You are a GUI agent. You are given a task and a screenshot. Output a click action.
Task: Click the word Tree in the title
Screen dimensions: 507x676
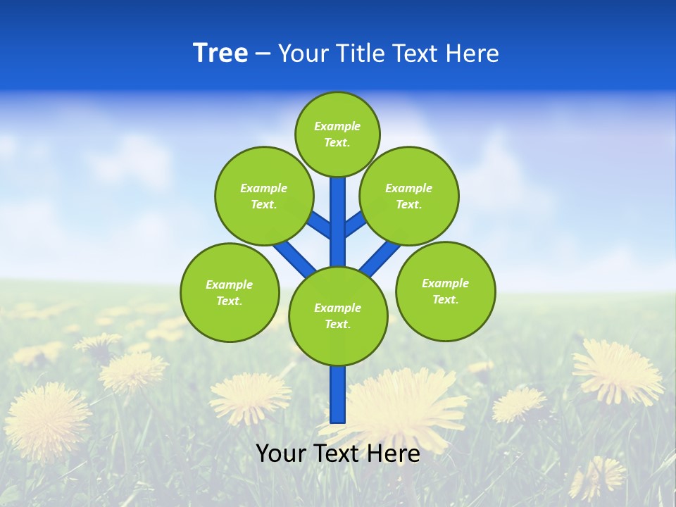tap(220, 54)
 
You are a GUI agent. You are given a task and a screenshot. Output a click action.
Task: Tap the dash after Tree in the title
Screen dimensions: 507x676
tap(263, 54)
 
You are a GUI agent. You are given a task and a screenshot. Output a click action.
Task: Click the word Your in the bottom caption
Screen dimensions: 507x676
tap(281, 453)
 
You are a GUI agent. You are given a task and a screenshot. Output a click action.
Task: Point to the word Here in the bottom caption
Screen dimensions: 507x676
tap(394, 453)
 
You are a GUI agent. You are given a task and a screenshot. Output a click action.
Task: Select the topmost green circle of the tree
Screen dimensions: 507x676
tap(337, 134)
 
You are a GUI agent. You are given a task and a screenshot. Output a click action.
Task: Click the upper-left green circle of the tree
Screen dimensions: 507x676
tap(263, 196)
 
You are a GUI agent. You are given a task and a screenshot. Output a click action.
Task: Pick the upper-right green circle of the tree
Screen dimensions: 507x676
tap(408, 196)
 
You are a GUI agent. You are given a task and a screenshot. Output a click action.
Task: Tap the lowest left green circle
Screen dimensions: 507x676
tap(230, 292)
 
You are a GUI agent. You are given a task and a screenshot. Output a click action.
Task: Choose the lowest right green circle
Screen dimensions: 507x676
tap(445, 291)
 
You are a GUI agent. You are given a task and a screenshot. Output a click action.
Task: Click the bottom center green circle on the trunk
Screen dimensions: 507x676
tap(337, 315)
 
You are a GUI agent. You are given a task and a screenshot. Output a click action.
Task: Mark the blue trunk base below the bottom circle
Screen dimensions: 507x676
tap(338, 394)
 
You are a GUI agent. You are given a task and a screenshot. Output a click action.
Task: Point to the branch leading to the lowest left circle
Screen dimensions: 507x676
tap(294, 256)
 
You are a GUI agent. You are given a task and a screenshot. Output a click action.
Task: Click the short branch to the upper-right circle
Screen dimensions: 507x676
tap(354, 224)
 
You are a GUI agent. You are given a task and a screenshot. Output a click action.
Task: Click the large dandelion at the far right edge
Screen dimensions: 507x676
tap(618, 371)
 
